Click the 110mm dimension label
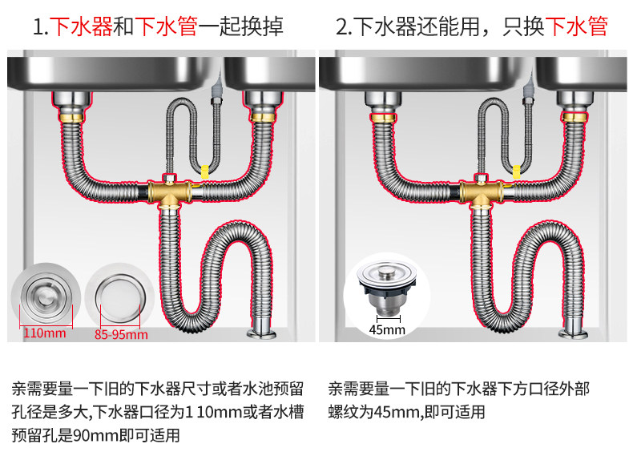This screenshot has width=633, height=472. pos(44,333)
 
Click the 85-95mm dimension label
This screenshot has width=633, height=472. pos(121,334)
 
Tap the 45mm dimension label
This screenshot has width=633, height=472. pos(387,329)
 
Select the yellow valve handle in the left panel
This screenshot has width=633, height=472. pos(204,171)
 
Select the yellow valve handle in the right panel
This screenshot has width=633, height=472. pos(516,171)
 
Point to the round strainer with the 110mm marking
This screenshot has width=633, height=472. pos(45,297)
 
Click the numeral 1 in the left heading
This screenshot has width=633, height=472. pos(38,28)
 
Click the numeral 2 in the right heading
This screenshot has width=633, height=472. pos(341,28)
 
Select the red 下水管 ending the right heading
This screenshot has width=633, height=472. pos(576,28)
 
